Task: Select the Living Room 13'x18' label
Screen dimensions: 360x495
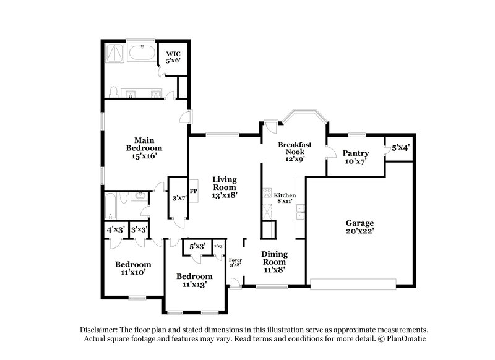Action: tap(225, 186)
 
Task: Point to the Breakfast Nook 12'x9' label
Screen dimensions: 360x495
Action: tap(295, 152)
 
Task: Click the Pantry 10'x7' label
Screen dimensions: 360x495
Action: tap(356, 157)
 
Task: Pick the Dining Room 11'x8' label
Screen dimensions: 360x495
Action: tap(273, 262)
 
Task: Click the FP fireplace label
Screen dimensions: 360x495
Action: tap(192, 192)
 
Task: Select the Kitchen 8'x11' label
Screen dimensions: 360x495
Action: tap(285, 198)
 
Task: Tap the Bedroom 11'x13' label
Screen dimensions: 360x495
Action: tap(194, 280)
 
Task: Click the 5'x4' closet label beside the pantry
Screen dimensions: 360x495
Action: tap(400, 148)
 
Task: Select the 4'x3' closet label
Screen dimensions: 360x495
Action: tap(116, 229)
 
